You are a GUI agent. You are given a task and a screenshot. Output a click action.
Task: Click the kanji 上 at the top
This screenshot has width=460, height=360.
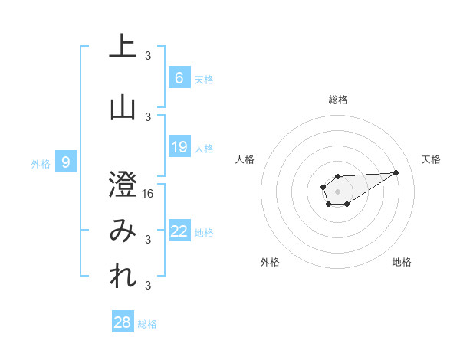pos(123,46)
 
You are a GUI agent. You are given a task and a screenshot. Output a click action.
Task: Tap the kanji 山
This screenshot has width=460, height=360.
pos(123,107)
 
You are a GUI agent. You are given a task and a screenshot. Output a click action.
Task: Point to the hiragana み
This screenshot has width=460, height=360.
pos(123,231)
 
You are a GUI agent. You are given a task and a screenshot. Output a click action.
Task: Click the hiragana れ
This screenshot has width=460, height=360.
pos(123,277)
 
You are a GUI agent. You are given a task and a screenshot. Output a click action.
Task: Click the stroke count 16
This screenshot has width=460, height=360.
pos(148,194)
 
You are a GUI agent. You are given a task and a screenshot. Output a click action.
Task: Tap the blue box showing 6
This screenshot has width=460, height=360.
pos(179,77)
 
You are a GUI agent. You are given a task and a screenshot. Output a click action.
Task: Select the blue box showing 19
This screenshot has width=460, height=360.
pos(179,147)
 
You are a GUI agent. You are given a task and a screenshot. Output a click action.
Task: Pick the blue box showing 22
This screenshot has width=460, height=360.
pos(179,231)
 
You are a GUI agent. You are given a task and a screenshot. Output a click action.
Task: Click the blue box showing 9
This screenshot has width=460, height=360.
pos(66,162)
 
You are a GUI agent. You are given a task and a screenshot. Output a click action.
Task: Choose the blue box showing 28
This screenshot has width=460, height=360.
pos(123,322)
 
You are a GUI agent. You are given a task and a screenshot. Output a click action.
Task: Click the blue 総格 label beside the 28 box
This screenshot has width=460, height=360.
pos(147,324)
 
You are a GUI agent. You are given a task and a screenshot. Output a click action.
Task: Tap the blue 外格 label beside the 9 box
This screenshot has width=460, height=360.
pos(40,163)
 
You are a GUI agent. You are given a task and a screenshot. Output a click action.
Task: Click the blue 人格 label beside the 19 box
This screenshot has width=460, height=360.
pos(204,149)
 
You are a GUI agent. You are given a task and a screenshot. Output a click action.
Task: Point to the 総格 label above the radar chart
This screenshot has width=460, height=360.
pos(337,100)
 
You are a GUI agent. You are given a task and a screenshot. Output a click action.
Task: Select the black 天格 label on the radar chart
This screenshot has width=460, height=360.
pos(431,159)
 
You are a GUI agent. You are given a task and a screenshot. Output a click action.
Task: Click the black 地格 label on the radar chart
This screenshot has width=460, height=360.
pos(402,262)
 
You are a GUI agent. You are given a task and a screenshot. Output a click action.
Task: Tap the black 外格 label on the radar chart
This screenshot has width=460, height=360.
pos(270,262)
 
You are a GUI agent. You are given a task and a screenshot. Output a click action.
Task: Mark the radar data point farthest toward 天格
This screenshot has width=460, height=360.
pos(396,172)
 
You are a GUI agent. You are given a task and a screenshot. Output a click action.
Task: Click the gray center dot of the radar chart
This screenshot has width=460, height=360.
pos(337,190)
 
